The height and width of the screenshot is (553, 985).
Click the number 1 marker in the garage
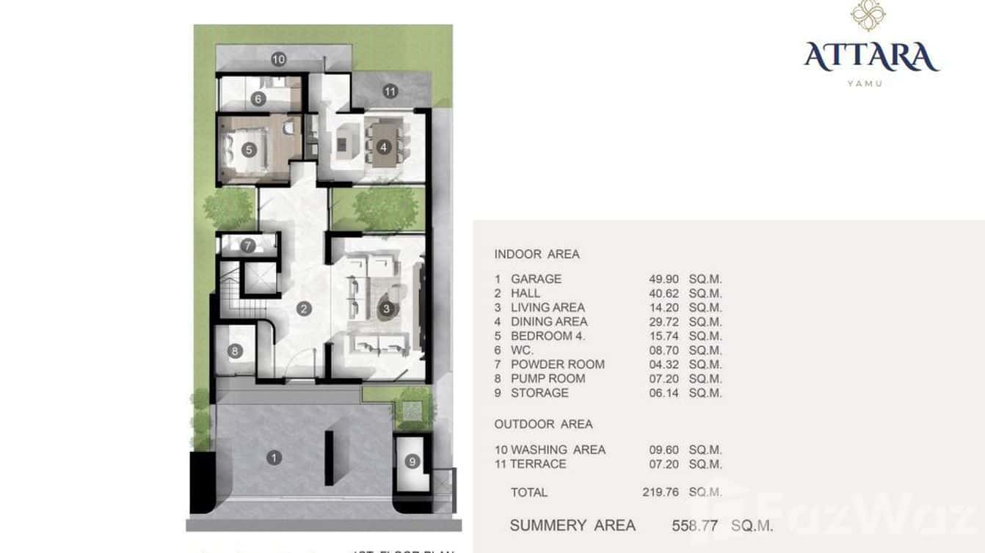[x=274, y=458]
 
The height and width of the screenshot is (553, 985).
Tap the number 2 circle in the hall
[x=304, y=309]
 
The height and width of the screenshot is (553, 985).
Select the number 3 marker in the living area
[x=386, y=309]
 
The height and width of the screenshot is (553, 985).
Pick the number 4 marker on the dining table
[x=382, y=147]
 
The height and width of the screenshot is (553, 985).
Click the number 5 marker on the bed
[x=248, y=150]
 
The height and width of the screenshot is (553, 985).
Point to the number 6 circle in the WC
[x=258, y=99]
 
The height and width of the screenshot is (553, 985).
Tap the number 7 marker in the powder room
[x=248, y=246]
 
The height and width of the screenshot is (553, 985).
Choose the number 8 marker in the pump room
[x=235, y=351]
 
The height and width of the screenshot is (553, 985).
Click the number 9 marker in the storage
[x=412, y=461]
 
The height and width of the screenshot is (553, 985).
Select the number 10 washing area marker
[x=277, y=59]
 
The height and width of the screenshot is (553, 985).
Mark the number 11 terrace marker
[x=390, y=92]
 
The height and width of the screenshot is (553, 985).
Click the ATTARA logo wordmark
[x=870, y=57]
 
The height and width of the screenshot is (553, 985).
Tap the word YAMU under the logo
[x=865, y=84]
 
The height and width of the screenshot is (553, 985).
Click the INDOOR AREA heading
[x=537, y=254]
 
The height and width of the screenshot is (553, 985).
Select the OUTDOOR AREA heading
[x=543, y=424]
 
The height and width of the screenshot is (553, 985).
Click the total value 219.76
[x=660, y=492]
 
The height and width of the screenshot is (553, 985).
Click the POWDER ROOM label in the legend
[x=557, y=365]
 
